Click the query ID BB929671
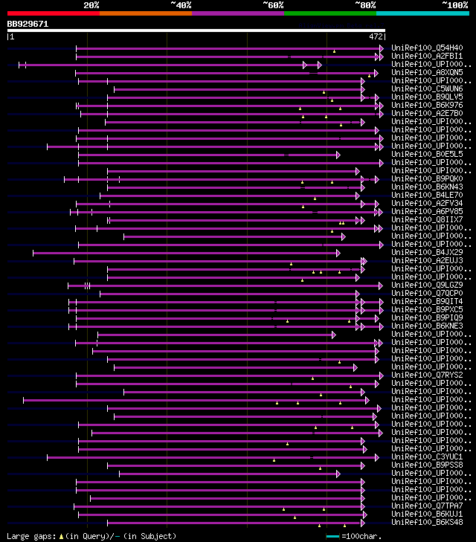click(x=28, y=24)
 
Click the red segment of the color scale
click(x=53, y=13)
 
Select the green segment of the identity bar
click(x=329, y=13)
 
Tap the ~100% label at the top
click(x=454, y=4)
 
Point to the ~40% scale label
click(x=181, y=4)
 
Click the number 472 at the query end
click(x=376, y=36)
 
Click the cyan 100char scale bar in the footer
click(x=332, y=536)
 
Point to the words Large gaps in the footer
click(x=29, y=536)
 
